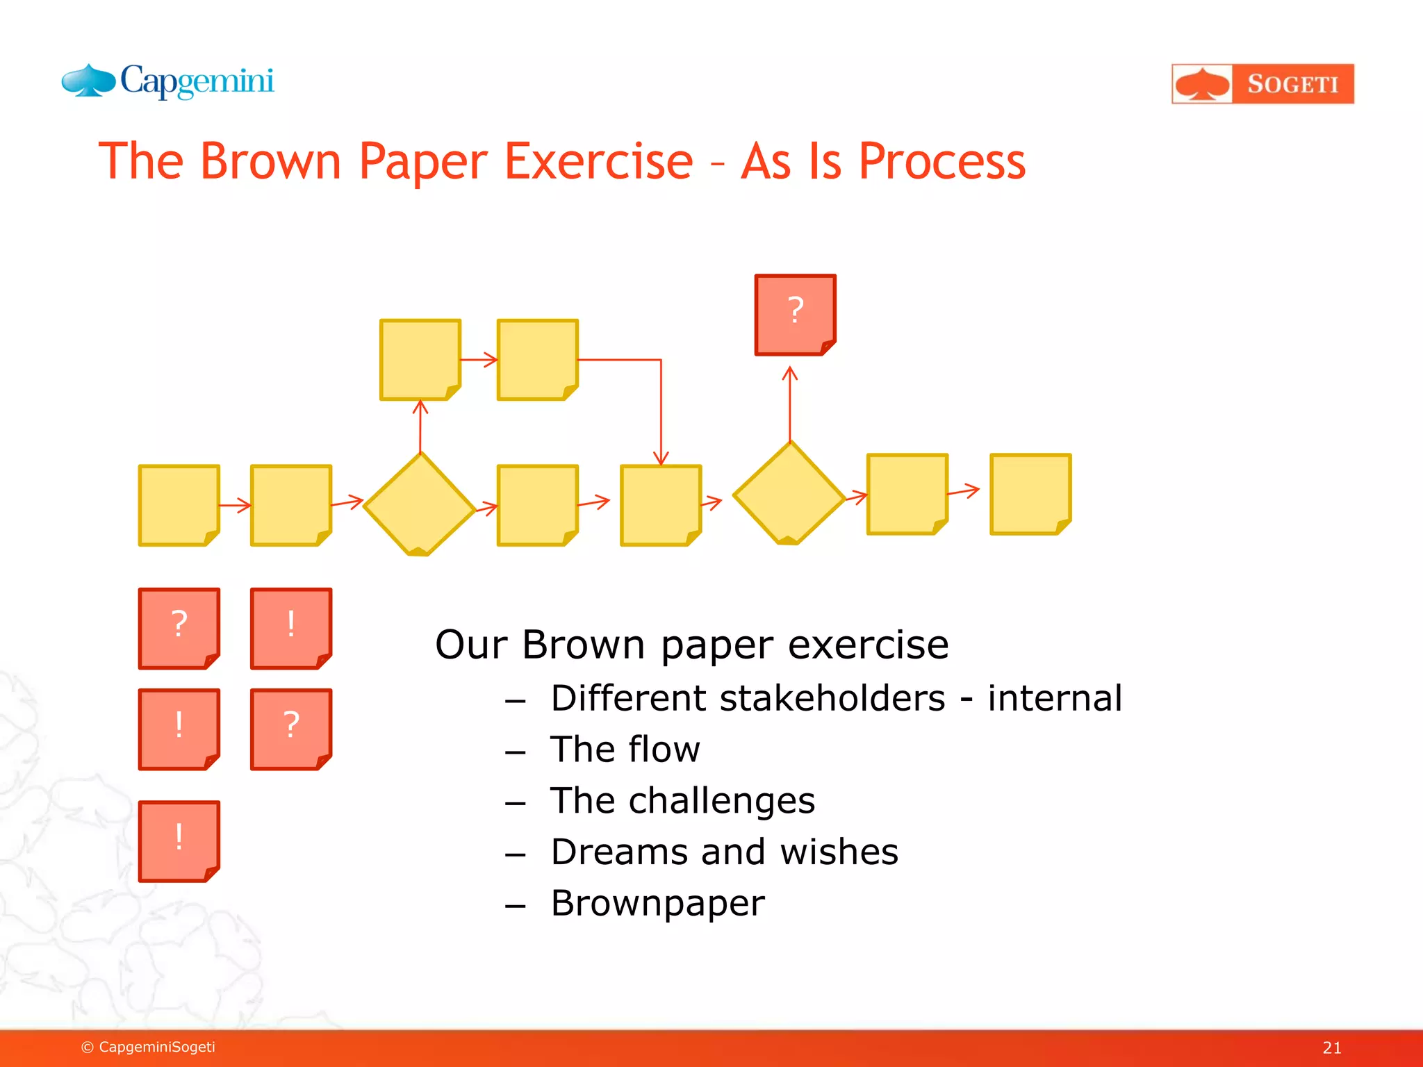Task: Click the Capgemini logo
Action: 168,82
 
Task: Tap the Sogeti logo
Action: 1262,84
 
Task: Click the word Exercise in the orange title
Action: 598,161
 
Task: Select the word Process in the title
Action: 941,161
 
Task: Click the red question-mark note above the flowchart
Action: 795,315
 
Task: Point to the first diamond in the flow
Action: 419,504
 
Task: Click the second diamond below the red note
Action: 789,494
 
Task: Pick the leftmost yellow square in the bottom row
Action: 179,505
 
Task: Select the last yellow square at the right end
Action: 1030,494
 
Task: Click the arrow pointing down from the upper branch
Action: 661,417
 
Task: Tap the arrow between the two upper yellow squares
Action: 479,360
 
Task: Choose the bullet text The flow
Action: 625,750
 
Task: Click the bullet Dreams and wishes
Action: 724,852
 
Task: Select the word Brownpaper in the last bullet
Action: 657,903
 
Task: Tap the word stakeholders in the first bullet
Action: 832,698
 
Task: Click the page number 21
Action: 1331,1048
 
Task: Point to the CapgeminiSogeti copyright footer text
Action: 148,1047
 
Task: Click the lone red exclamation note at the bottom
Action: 179,841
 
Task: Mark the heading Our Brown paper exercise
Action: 691,645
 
